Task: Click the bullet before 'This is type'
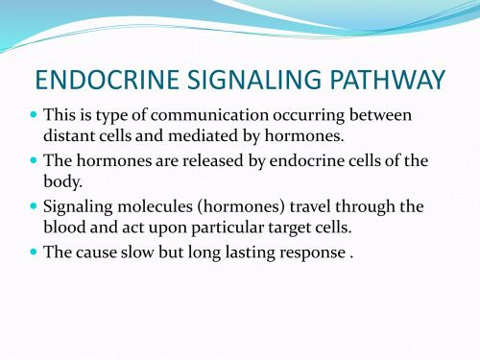pos(33,115)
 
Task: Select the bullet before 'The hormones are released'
pos(33,160)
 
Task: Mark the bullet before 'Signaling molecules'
pos(33,205)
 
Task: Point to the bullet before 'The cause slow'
pos(33,251)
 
